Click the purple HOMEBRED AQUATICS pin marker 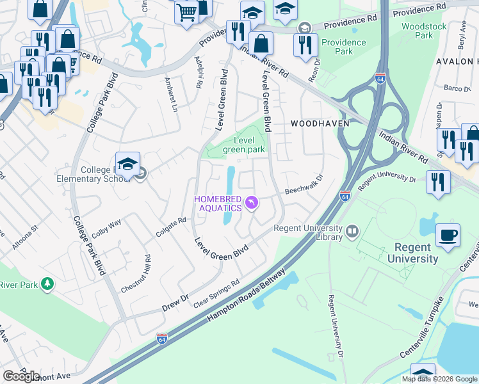pyautogui.click(x=252, y=203)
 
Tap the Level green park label pyautogui.click(x=244, y=145)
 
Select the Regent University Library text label pyautogui.click(x=308, y=232)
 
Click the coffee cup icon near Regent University pyautogui.click(x=448, y=235)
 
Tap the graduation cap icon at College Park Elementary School pyautogui.click(x=127, y=164)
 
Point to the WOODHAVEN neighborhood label pyautogui.click(x=311, y=123)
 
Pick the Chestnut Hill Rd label pyautogui.click(x=135, y=274)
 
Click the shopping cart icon pyautogui.click(x=186, y=12)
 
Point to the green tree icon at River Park pyautogui.click(x=47, y=284)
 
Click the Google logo pyautogui.click(x=22, y=376)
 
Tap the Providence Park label pyautogui.click(x=343, y=47)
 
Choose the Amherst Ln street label pyautogui.click(x=170, y=95)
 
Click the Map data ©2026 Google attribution pyautogui.click(x=439, y=379)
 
